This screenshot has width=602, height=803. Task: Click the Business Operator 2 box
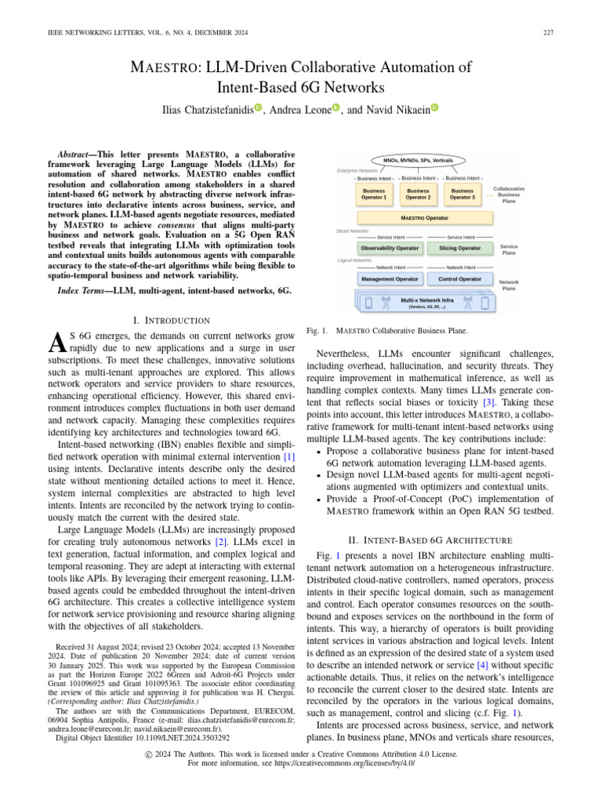(419, 194)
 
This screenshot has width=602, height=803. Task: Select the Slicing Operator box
(459, 248)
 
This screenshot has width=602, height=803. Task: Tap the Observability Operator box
(390, 248)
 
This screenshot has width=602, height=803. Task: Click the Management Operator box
(390, 278)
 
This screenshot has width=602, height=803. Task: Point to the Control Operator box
(459, 278)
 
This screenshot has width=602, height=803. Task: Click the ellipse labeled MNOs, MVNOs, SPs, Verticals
(423, 160)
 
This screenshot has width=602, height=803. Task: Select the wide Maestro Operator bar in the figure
(424, 218)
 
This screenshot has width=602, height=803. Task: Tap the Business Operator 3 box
(462, 194)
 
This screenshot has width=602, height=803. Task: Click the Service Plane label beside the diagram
(509, 249)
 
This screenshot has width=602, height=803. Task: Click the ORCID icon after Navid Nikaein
(433, 108)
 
